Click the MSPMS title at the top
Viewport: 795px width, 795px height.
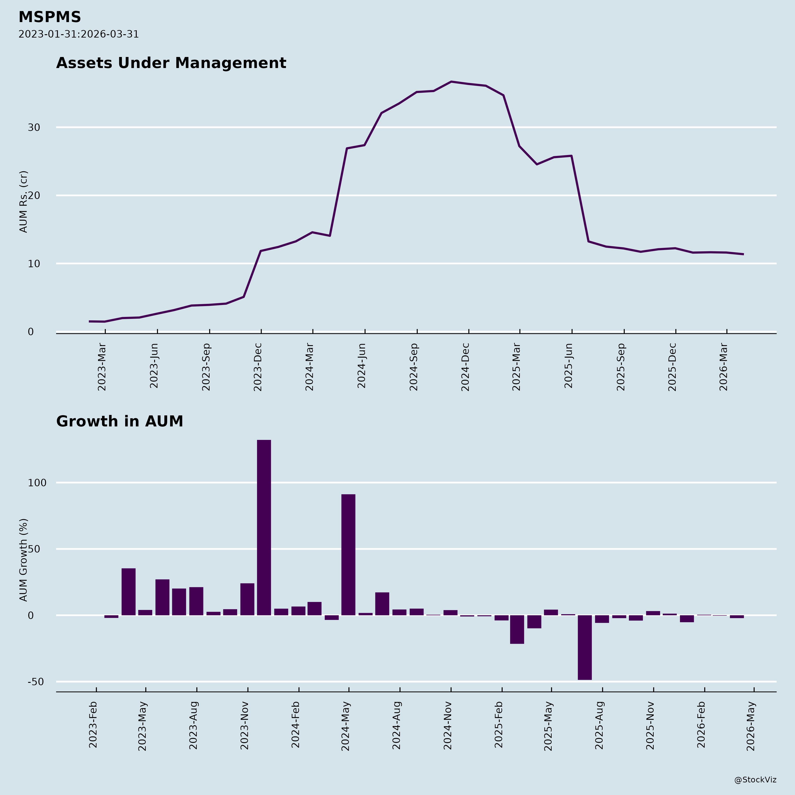click(x=50, y=17)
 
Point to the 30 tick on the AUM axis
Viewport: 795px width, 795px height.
click(x=34, y=128)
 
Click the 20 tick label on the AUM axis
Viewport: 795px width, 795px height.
click(x=34, y=195)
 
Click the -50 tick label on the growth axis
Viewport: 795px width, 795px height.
click(x=36, y=682)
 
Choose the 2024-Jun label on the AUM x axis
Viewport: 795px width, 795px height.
click(x=362, y=366)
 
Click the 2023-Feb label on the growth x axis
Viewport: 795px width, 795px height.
click(x=93, y=725)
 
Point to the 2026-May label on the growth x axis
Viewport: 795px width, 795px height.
click(x=751, y=726)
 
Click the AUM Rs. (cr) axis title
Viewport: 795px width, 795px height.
click(x=23, y=202)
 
